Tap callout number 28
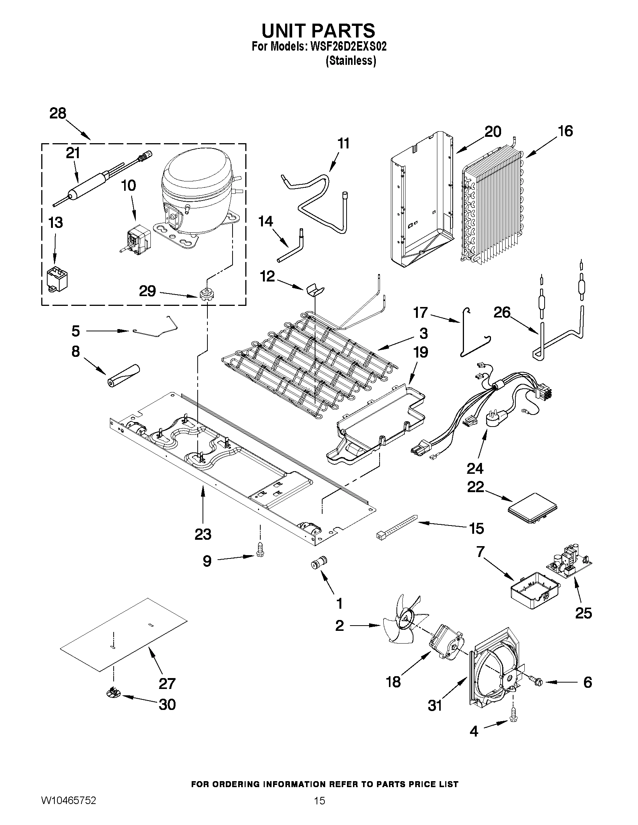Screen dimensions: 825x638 (58, 113)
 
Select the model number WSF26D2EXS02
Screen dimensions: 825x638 (348, 46)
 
